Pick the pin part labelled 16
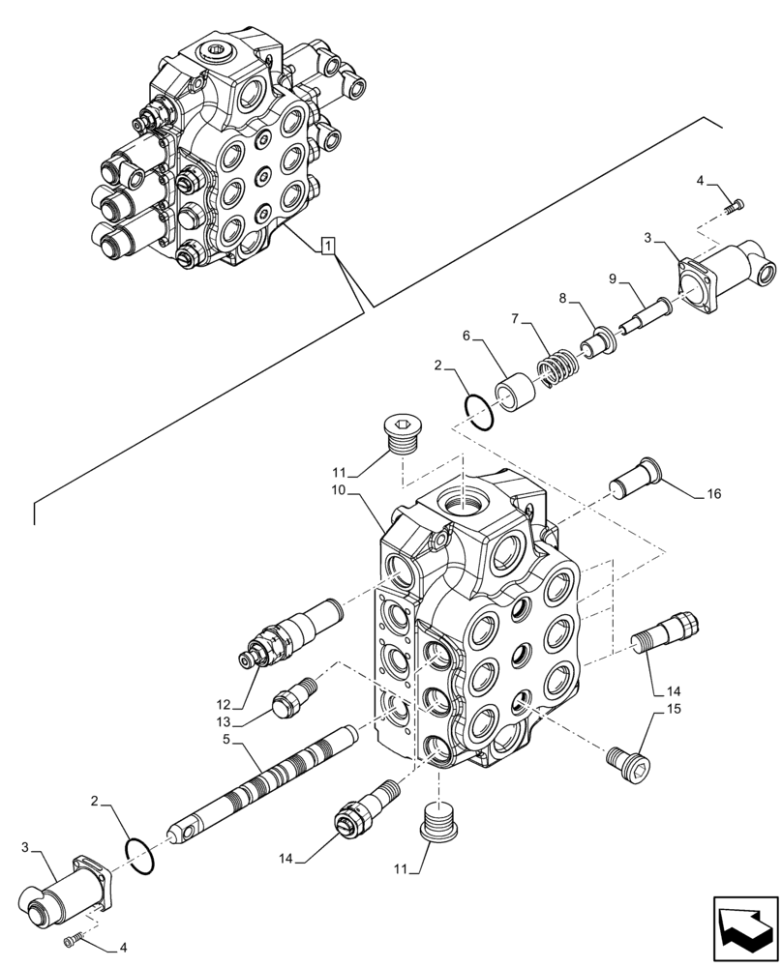click(x=635, y=479)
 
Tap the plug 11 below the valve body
click(x=440, y=823)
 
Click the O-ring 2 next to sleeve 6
click(x=479, y=410)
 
